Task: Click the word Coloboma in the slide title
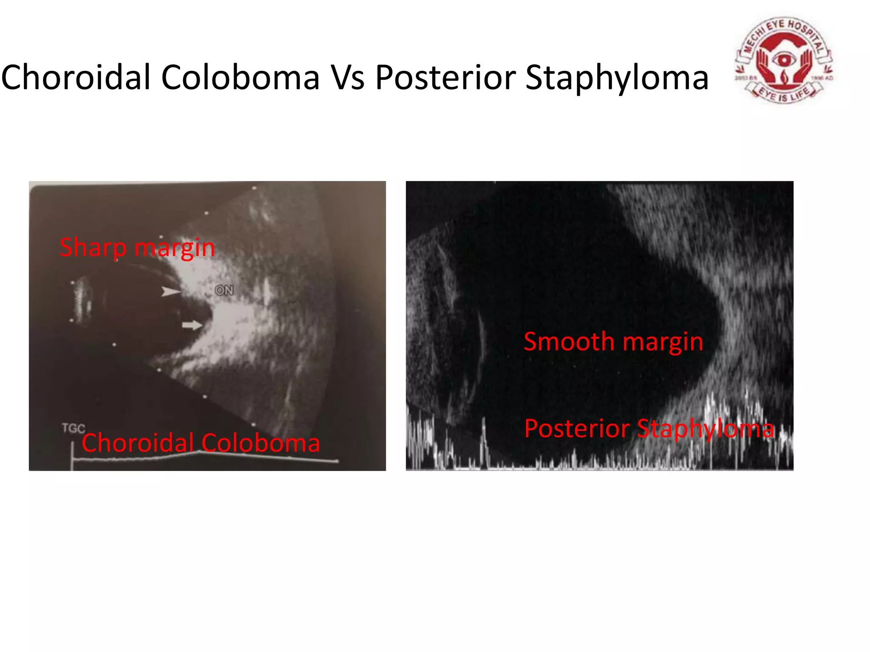tap(240, 78)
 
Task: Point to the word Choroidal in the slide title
tap(76, 78)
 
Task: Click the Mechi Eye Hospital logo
tap(784, 60)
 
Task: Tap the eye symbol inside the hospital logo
tap(784, 59)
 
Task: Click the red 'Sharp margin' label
tap(137, 248)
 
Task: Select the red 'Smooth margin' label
tap(613, 342)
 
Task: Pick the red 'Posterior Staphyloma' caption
tap(649, 428)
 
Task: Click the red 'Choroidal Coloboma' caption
tap(201, 443)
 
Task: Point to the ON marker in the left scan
tap(224, 290)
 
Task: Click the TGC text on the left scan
tap(73, 428)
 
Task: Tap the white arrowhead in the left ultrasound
tap(170, 292)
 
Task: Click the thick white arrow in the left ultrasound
tap(192, 326)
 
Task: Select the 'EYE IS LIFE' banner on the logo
tap(784, 94)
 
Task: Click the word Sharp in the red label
tap(93, 248)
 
